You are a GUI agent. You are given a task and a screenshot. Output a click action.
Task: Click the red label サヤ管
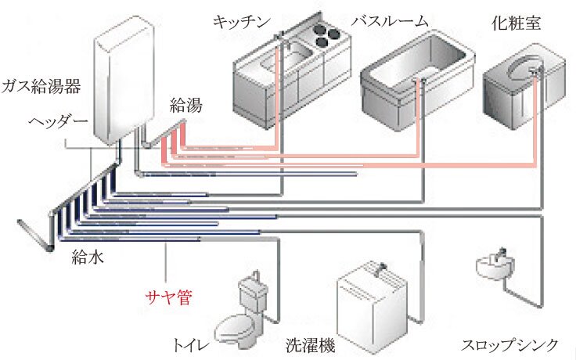168,297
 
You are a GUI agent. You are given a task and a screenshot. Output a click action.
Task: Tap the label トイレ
190,343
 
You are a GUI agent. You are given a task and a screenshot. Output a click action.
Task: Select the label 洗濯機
308,343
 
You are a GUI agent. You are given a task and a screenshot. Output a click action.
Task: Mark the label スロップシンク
509,344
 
